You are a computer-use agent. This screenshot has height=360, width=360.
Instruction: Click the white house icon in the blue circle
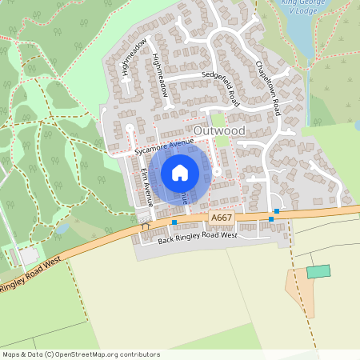click(180, 172)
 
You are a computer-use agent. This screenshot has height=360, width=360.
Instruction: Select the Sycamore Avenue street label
click(166, 145)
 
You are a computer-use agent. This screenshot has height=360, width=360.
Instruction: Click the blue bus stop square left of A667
click(174, 222)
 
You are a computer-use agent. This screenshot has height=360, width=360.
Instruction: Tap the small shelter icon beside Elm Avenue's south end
click(145, 226)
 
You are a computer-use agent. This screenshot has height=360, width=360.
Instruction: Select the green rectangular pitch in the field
click(318, 272)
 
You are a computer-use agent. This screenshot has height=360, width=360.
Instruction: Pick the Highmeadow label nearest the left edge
click(133, 57)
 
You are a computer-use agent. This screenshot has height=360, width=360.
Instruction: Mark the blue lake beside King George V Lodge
click(298, 32)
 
